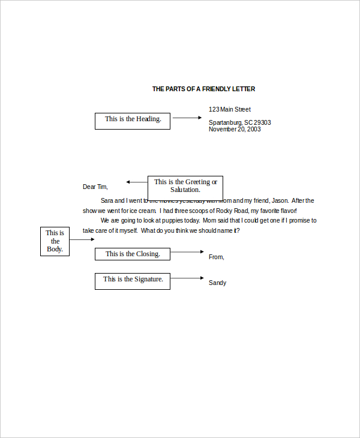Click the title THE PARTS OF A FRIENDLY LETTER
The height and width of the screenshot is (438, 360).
[x=203, y=89]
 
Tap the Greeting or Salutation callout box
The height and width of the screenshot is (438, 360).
[x=185, y=185]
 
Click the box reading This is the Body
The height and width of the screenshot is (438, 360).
[x=55, y=241]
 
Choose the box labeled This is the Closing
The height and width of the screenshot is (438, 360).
[x=133, y=254]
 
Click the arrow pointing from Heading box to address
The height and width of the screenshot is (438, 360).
[x=187, y=118]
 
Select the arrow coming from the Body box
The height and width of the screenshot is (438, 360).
[x=82, y=239]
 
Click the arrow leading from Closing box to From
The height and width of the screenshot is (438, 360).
[x=187, y=252]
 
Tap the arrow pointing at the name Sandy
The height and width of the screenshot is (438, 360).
[x=187, y=278]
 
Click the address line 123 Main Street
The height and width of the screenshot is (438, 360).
[x=230, y=109]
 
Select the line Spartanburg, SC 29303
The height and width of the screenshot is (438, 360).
[x=239, y=122]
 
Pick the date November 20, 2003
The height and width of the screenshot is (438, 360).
[x=235, y=129]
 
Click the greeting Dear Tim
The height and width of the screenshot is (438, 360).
[x=95, y=187]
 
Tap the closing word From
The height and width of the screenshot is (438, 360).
[x=216, y=257]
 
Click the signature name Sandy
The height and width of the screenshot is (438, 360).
[x=217, y=283]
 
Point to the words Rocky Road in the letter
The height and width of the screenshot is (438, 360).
[x=230, y=211]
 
